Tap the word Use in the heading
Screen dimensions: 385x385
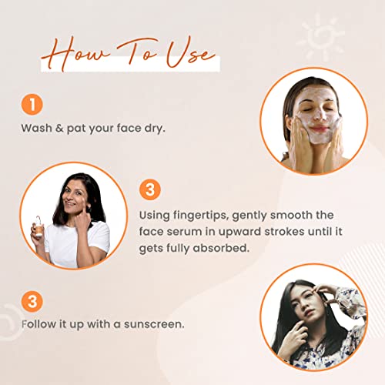click(x=190, y=52)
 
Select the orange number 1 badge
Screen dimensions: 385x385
click(x=32, y=105)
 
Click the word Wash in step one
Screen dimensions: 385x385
click(x=36, y=128)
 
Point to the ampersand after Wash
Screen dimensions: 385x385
click(x=59, y=128)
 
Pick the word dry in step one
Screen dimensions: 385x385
click(x=155, y=129)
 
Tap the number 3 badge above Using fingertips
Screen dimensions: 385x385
click(x=150, y=189)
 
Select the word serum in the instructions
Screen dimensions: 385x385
click(x=184, y=232)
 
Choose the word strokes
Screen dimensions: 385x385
click(x=284, y=231)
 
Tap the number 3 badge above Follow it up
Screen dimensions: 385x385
click(x=32, y=302)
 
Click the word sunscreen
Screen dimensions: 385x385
click(x=154, y=324)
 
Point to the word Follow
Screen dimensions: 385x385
click(x=38, y=324)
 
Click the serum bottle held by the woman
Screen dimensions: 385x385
click(x=38, y=227)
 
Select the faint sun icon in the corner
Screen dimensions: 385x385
click(x=321, y=38)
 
